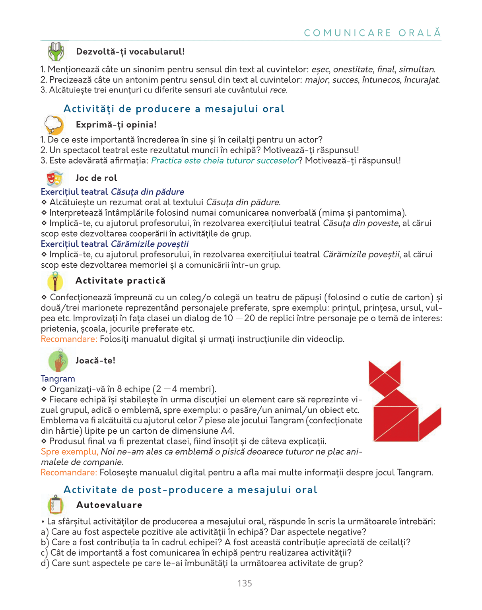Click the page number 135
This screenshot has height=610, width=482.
click(x=245, y=583)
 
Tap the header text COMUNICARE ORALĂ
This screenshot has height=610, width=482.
click(x=372, y=33)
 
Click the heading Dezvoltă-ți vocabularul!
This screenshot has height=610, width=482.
click(x=130, y=52)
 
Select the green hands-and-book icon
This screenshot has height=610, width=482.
click(x=56, y=51)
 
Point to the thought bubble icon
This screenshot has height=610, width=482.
click(x=54, y=125)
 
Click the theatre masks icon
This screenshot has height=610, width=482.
click(x=55, y=178)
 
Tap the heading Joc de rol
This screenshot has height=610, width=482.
click(x=96, y=178)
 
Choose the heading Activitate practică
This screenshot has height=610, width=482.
click(x=120, y=281)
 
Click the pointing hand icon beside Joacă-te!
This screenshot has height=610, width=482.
click(x=58, y=361)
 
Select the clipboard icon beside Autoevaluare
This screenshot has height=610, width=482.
click(x=56, y=505)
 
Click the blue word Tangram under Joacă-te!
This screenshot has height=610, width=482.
click(x=58, y=379)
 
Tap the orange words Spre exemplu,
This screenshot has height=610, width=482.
click(x=69, y=452)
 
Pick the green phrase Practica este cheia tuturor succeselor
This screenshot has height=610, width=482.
click(x=225, y=160)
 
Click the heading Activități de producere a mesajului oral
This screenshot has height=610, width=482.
click(x=174, y=109)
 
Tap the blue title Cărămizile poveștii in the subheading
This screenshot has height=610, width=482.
click(x=150, y=244)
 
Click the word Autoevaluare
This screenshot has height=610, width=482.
click(x=109, y=505)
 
